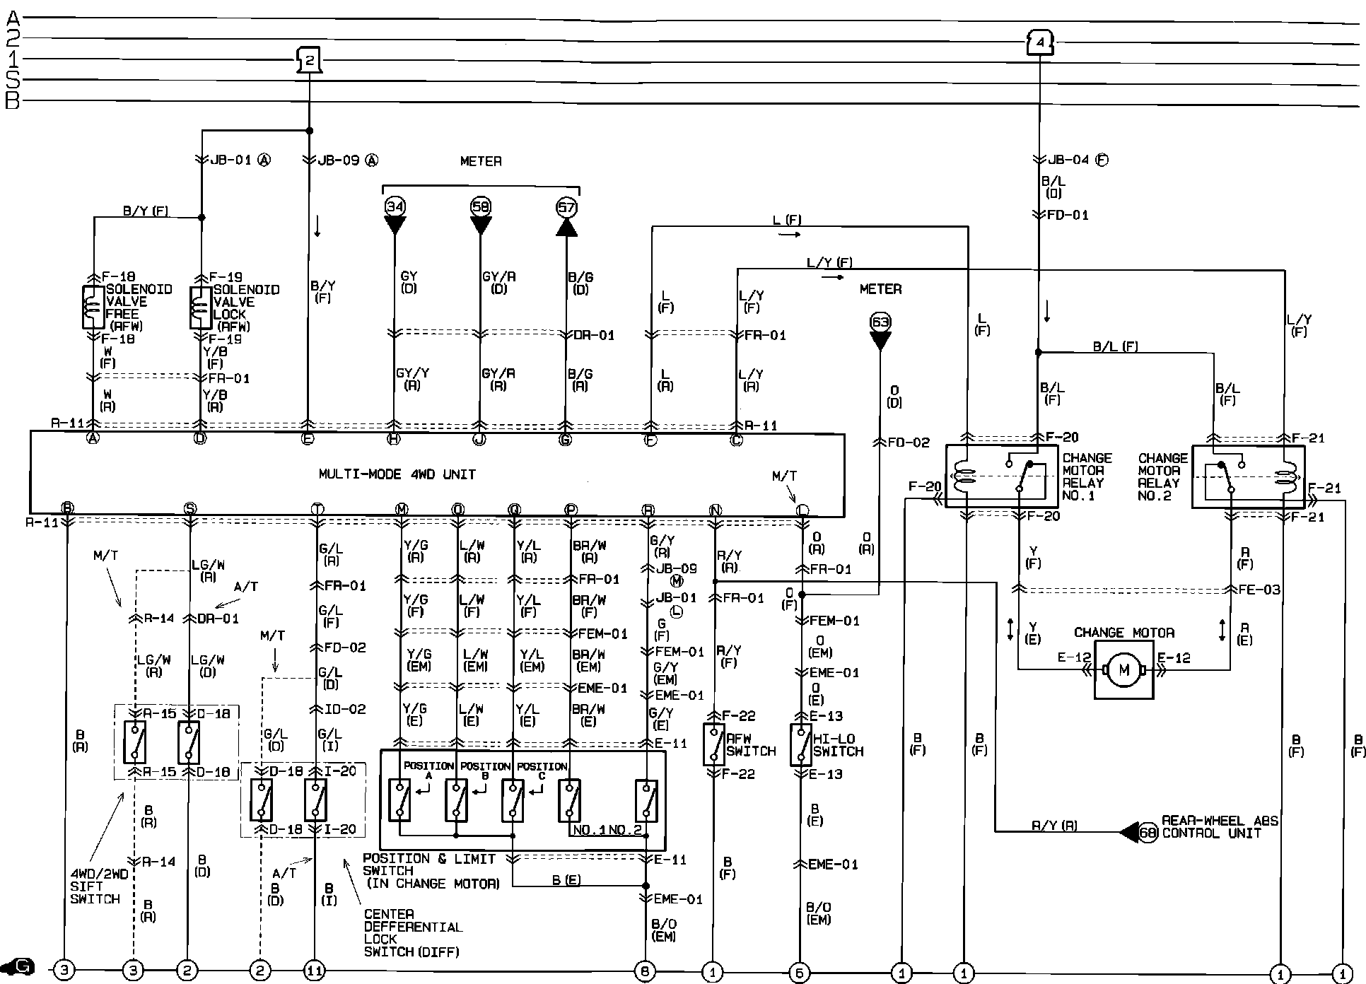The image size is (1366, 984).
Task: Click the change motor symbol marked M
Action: pos(1123,669)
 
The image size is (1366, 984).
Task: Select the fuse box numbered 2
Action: pos(309,60)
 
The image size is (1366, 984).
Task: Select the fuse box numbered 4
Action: pos(1039,43)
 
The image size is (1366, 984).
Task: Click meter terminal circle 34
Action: pos(395,206)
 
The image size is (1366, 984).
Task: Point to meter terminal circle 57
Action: pos(566,206)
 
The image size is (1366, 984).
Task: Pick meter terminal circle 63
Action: pos(880,322)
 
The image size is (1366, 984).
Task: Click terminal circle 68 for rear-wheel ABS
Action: pos(1148,833)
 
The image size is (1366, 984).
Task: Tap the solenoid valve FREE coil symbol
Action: pos(93,307)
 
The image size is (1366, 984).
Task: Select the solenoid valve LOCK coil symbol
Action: pos(201,307)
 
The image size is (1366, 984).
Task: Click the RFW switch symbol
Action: pos(714,744)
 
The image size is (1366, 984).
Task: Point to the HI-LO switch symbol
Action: pos(800,744)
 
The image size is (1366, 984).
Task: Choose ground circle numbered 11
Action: pos(314,971)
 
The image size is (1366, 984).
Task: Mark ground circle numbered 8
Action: pos(645,971)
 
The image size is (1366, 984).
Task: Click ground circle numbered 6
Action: pos(800,973)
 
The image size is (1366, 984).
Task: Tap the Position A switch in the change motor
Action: pos(400,799)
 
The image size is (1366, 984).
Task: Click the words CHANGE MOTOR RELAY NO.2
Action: pos(1159,477)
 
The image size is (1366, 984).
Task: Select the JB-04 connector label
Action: pos(1068,160)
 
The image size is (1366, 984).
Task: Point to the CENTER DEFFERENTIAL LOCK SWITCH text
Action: pos(412,933)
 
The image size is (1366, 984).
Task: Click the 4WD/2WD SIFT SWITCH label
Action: pos(98,886)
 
